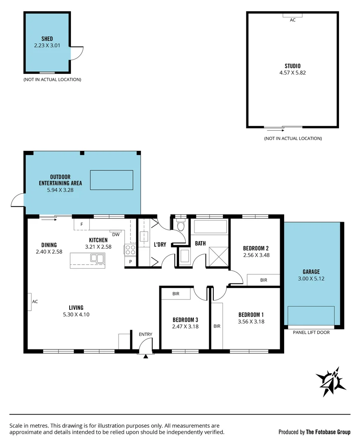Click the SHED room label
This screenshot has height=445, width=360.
[47, 39]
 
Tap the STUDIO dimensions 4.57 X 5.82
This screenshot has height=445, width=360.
[292, 73]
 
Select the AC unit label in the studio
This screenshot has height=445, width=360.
[292, 20]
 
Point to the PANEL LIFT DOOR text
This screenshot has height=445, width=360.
[311, 332]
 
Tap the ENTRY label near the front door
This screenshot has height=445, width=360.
[145, 334]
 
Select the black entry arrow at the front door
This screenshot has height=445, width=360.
[145, 356]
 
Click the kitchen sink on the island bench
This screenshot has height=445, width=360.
[98, 259]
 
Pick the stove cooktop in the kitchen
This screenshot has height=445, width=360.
[130, 250]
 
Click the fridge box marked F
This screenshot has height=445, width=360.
[82, 224]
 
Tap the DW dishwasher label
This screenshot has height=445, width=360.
[116, 235]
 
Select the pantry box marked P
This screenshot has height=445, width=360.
[131, 262]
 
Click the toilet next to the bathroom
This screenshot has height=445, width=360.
[180, 226]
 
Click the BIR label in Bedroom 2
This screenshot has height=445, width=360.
[264, 280]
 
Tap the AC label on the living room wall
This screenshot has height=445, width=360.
[35, 301]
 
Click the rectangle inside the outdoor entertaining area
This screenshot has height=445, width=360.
[112, 180]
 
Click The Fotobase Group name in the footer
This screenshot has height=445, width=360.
[328, 432]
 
